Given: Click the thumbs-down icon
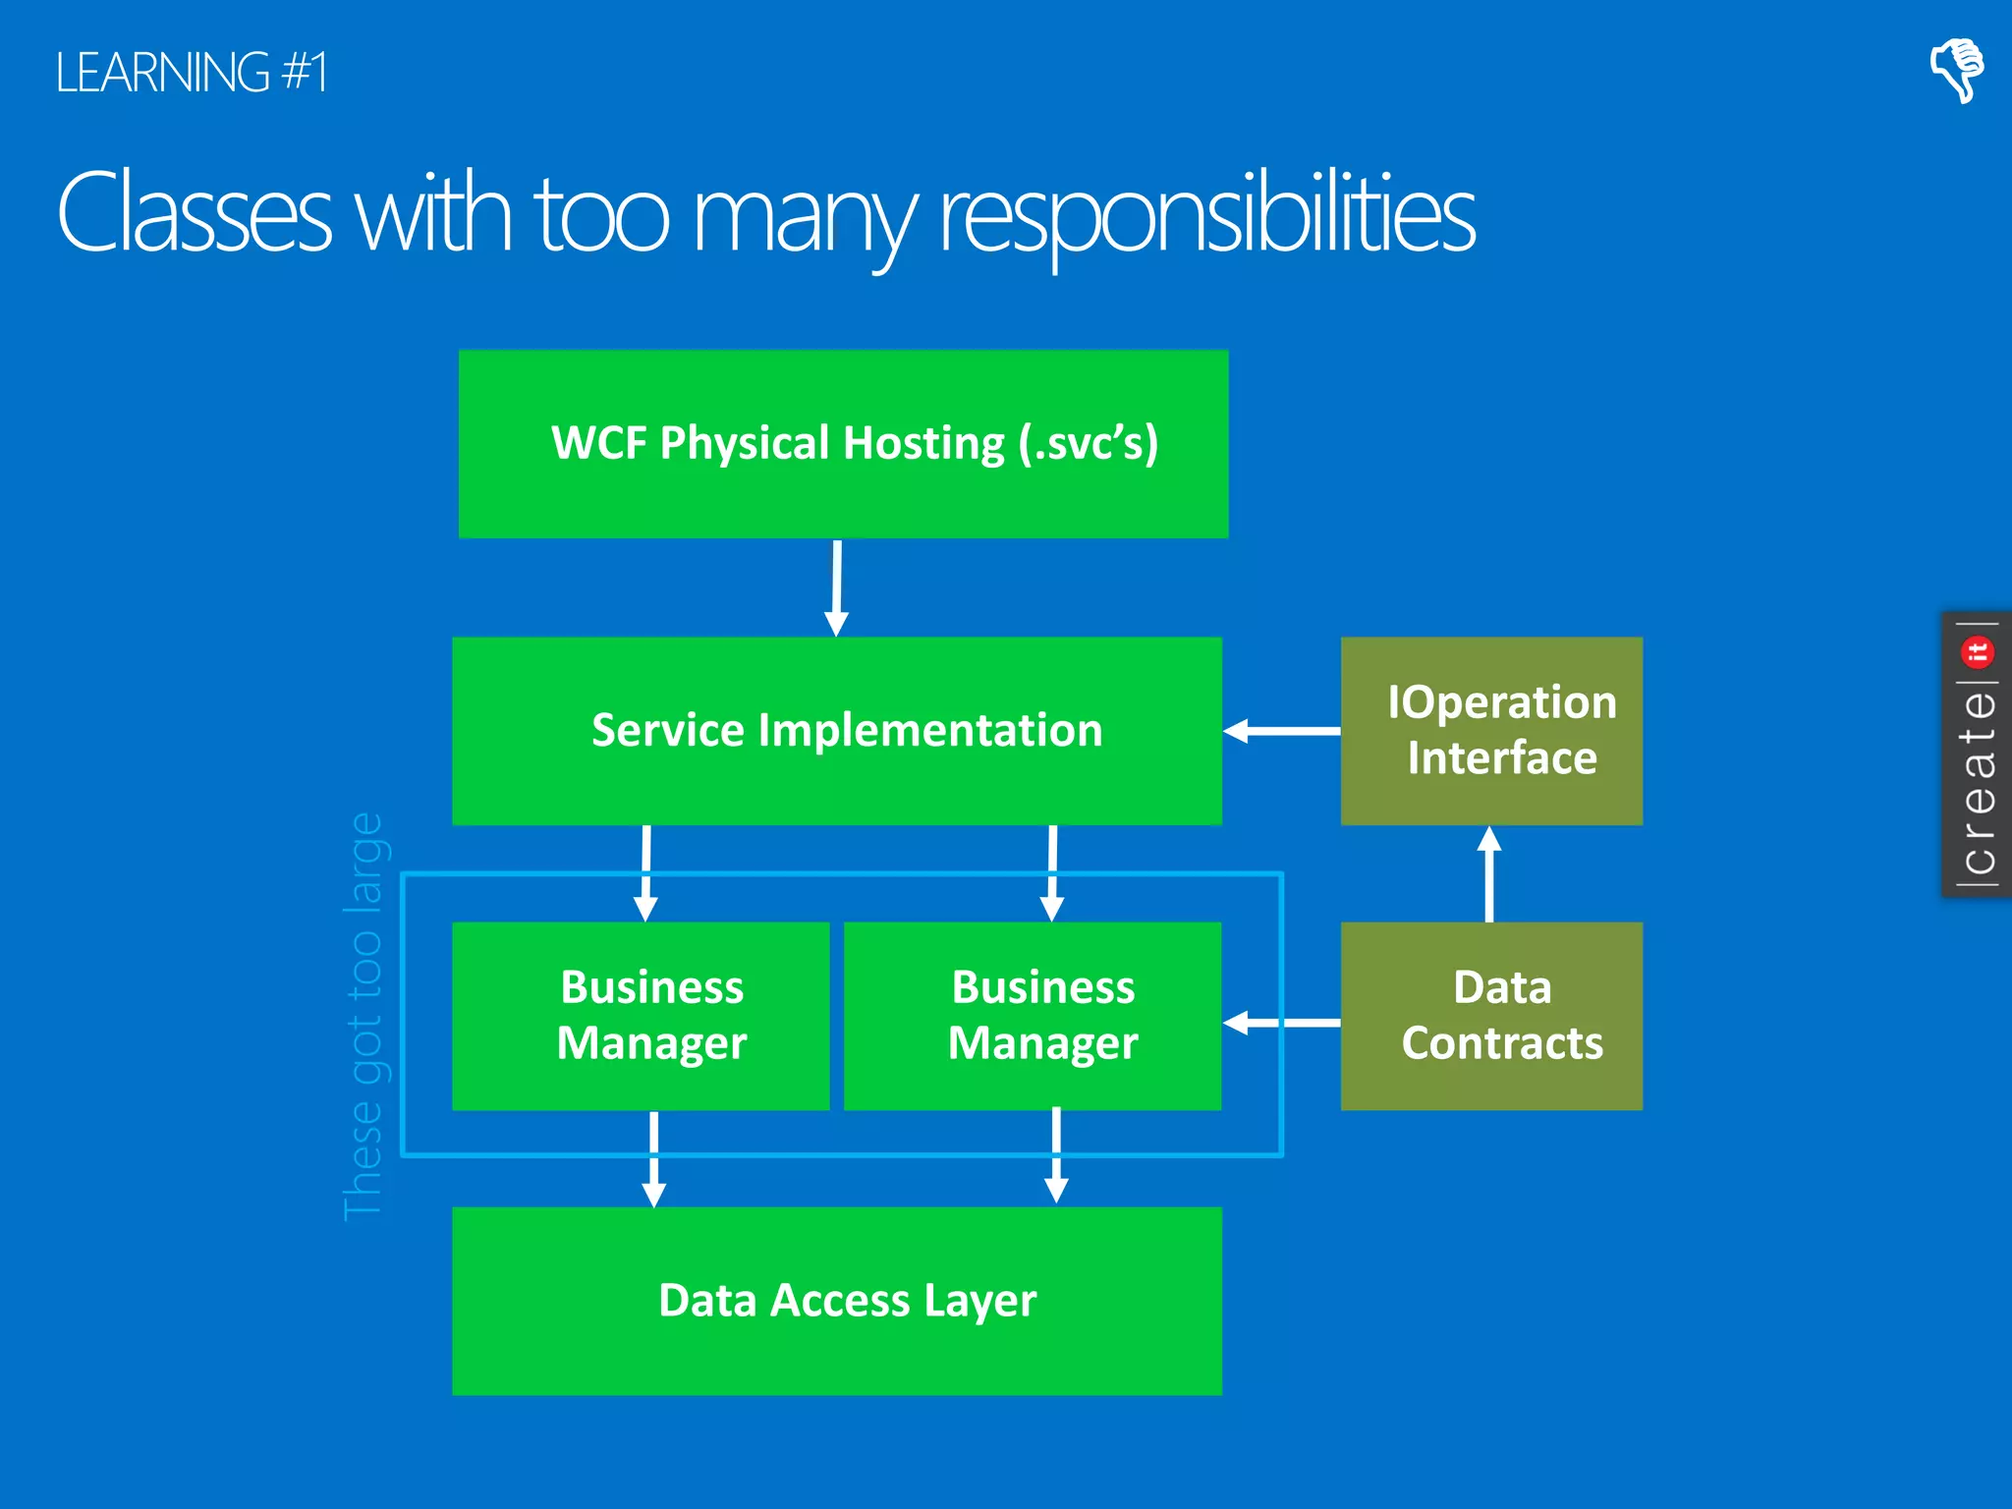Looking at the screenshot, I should pos(1956,69).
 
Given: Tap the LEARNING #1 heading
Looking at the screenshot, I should pos(192,73).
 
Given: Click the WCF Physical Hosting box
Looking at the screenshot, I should pos(843,444).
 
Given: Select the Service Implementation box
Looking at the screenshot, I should pos(837,731).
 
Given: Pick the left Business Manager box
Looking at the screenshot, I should pos(641,1016).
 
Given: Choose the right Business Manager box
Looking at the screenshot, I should pos(1032,1016).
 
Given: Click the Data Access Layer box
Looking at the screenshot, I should pos(837,1301).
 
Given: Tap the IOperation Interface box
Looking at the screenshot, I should pos(1491,731).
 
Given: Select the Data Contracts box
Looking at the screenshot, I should pos(1491,1016).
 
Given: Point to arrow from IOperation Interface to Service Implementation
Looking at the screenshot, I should pos(1281,731).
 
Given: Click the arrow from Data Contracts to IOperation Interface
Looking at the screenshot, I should pos(1489,873).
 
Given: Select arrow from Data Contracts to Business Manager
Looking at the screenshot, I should pos(1281,1023).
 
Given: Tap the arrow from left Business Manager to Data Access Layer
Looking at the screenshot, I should pos(654,1159).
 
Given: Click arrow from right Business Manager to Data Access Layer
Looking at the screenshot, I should pos(1056,1157).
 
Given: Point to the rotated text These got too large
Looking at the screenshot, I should pos(363,1016).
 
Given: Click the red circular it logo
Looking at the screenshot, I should pos(1978,651).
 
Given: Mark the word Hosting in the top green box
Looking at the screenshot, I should pos(923,444).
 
